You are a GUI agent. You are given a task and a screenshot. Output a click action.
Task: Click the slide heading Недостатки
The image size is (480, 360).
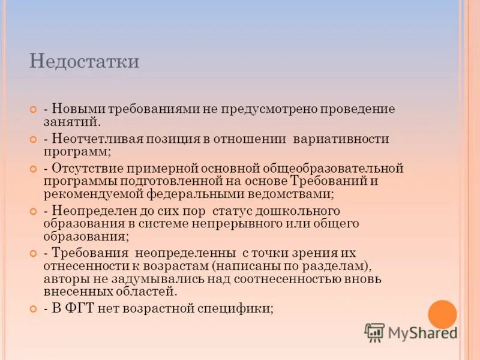(84, 62)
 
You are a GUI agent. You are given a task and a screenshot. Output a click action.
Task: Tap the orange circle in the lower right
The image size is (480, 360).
(442, 314)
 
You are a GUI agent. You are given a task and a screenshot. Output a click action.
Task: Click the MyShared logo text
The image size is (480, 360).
(422, 332)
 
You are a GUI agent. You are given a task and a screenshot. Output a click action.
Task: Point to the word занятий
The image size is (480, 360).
(71, 122)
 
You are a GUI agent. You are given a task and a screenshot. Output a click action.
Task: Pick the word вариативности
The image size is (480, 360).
(341, 139)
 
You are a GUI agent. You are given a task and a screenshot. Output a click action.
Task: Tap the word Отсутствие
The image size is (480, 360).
(86, 168)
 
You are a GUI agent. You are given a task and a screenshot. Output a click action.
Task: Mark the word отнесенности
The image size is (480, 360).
(86, 266)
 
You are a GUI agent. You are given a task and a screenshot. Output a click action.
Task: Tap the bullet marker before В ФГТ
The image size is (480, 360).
(34, 308)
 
